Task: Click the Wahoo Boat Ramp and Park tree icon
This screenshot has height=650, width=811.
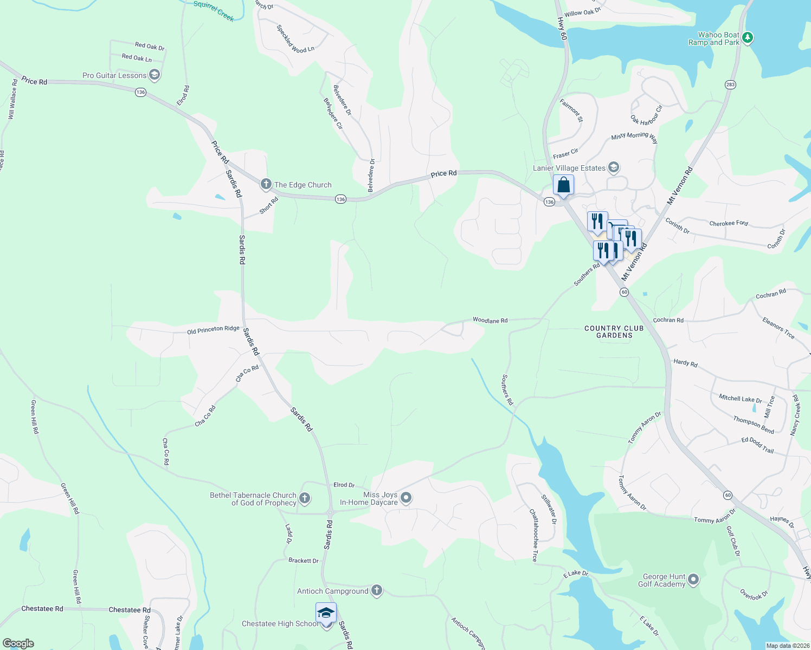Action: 748,37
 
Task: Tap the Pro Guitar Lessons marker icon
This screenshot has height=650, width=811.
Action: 155,75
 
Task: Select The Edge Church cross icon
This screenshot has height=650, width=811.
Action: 266,184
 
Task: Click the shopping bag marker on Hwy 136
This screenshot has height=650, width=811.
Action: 563,185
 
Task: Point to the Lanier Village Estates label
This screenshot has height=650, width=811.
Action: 569,168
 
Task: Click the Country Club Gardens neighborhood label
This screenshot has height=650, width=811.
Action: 614,331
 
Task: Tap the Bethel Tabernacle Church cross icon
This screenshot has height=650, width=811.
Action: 305,498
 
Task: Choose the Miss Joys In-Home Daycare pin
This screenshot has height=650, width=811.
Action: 406,498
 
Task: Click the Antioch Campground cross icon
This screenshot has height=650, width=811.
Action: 377,590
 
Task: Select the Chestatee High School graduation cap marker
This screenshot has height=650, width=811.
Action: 326,613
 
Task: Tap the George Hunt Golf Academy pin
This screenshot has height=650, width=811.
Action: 693,580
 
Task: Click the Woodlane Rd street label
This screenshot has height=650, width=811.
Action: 490,320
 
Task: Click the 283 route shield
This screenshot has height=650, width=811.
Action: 730,84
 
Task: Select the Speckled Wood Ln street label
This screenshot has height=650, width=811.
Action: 295,38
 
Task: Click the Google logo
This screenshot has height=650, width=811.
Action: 18,643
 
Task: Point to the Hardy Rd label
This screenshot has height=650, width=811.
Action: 685,362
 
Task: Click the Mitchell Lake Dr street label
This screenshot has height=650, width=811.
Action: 740,399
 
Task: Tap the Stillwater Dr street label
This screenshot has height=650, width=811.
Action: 549,509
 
